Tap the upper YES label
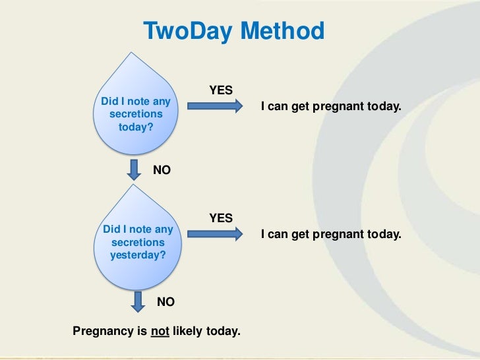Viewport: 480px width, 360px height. pos(220,90)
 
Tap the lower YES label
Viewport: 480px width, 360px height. pos(220,218)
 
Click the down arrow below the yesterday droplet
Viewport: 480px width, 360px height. pos(138,301)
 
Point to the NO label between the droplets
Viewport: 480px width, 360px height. pos(162,170)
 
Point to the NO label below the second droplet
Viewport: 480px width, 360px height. pos(165,302)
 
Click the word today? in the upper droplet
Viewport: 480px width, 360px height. pos(135,127)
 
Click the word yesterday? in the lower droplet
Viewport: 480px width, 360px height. pos(138,255)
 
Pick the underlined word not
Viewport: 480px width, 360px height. pos(160,330)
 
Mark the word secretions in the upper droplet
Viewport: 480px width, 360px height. pos(135,115)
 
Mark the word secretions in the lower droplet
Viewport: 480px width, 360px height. pos(138,243)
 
